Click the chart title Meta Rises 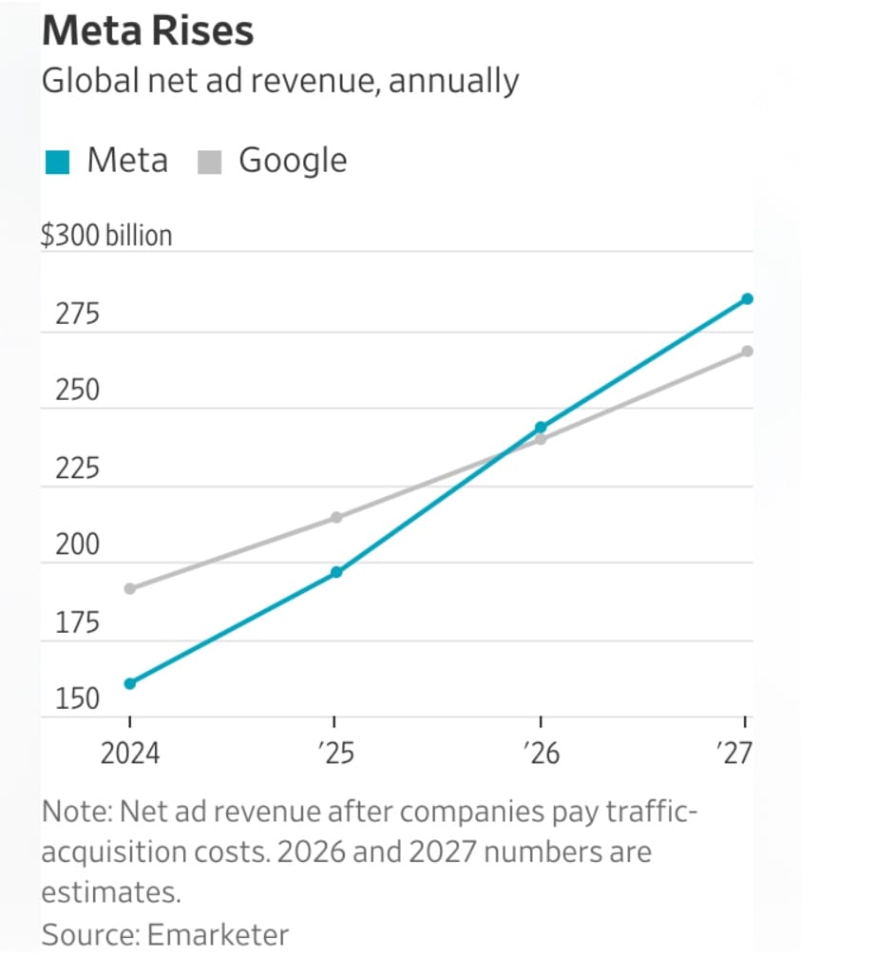[147, 31]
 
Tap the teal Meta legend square [58, 163]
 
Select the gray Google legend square [209, 163]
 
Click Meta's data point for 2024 [130, 683]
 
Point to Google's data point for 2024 [130, 588]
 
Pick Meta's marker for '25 [336, 572]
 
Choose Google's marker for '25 [336, 517]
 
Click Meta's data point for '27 [747, 298]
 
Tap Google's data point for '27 [747, 351]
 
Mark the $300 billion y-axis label [106, 235]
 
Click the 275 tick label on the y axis [77, 314]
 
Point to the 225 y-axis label [77, 469]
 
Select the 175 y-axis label [77, 623]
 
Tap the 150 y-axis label [77, 699]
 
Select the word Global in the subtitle [80, 81]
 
